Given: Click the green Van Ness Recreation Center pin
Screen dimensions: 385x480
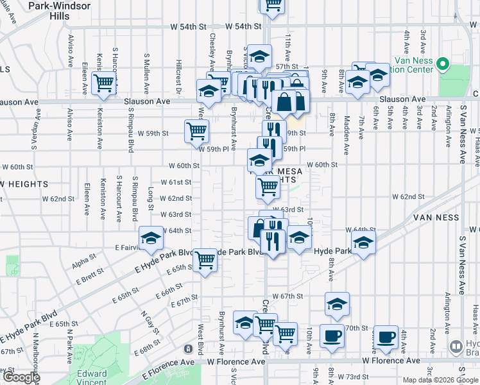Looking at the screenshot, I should point(442,64).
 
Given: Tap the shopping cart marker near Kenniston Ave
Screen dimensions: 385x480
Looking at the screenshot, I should point(103,83).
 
